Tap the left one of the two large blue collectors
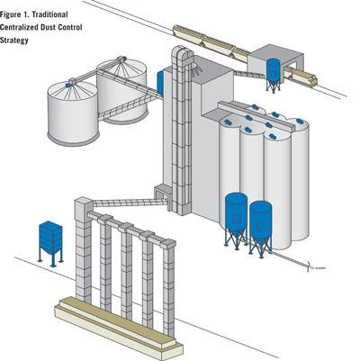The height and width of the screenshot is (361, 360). pyautogui.click(x=235, y=217)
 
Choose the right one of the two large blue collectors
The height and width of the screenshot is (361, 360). pyautogui.click(x=260, y=223)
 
